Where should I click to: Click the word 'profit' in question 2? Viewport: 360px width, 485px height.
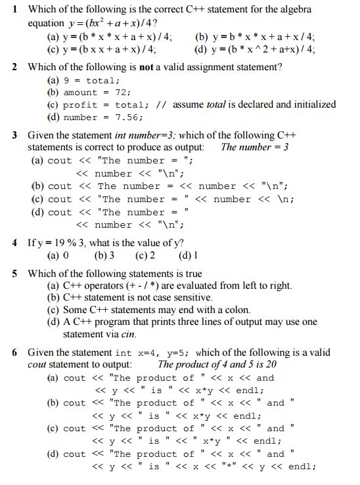[80, 105]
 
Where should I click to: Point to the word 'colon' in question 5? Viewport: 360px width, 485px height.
[238, 310]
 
